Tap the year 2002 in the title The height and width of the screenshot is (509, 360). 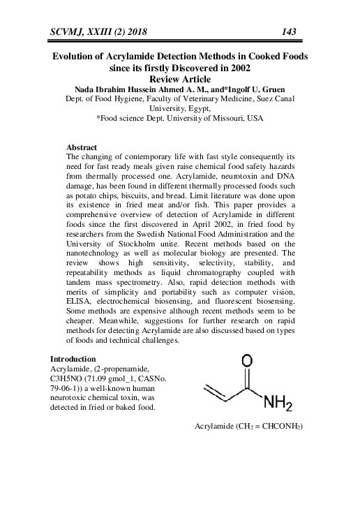point(236,68)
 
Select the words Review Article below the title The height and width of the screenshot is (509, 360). point(180,79)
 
